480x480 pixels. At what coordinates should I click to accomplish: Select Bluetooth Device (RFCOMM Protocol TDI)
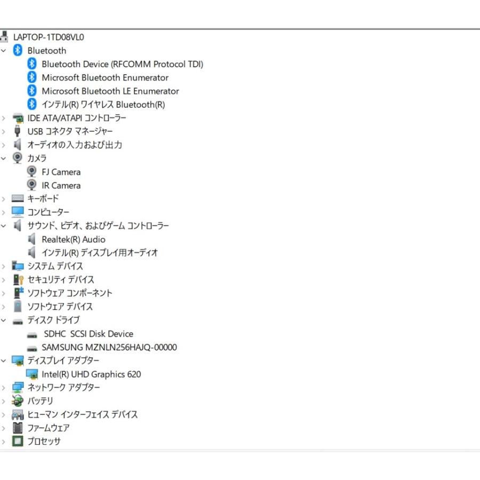click(x=122, y=64)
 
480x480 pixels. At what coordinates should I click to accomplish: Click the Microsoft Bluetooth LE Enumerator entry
click(x=110, y=91)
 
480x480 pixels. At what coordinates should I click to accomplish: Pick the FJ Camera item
click(x=61, y=172)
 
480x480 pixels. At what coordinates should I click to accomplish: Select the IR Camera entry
click(x=61, y=186)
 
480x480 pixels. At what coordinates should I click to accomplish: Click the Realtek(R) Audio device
click(x=73, y=239)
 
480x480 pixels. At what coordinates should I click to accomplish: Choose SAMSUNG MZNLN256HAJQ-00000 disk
click(x=109, y=347)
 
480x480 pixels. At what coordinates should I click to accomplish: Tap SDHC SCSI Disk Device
click(x=88, y=334)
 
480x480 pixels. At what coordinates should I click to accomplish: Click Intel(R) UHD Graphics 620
click(x=91, y=374)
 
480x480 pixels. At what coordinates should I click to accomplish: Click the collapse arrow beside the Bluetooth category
click(x=4, y=51)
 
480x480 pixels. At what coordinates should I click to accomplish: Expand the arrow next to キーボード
click(x=4, y=199)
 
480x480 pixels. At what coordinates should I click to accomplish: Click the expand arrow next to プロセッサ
click(x=4, y=442)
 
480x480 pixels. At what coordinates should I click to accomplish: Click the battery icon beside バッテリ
click(x=18, y=401)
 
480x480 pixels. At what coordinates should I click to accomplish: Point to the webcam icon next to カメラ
click(x=18, y=158)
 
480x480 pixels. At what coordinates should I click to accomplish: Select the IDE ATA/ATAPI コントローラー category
click(x=77, y=118)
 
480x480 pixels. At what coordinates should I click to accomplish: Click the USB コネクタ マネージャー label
click(x=70, y=131)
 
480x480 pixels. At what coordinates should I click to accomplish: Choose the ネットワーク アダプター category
click(x=63, y=388)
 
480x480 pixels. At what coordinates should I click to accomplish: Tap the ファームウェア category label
click(x=48, y=428)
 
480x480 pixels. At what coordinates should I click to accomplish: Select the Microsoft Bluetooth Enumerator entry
click(x=105, y=78)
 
